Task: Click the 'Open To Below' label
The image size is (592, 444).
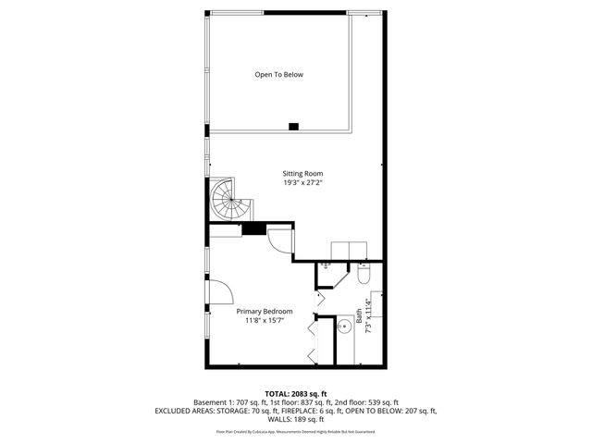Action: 278,75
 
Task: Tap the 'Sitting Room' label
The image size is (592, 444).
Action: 302,173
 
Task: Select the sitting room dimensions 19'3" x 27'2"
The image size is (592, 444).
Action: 302,183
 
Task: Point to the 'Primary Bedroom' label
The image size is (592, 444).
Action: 264,312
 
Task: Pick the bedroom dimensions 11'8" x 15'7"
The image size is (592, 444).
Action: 264,322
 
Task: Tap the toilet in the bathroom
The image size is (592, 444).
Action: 364,275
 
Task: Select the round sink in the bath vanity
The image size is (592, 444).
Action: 344,325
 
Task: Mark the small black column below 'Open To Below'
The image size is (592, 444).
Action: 294,127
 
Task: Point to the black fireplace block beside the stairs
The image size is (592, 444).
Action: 249,228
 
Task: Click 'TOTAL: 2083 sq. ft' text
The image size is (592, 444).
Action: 296,393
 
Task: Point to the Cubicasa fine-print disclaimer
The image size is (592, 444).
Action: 296,431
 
